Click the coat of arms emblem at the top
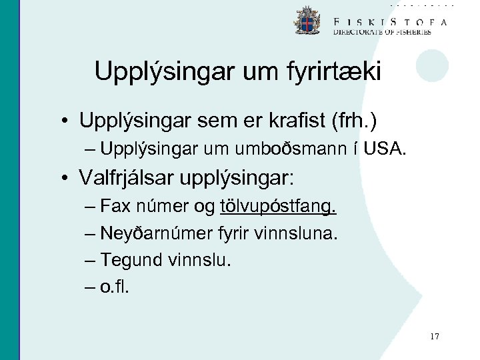(x=307, y=21)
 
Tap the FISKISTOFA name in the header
(x=390, y=21)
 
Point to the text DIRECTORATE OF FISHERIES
(x=382, y=32)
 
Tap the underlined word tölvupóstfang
(x=278, y=207)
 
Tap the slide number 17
(x=435, y=337)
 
